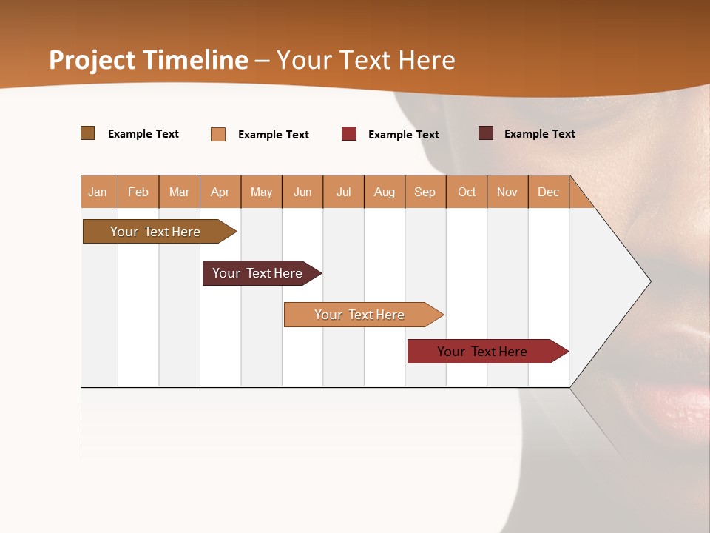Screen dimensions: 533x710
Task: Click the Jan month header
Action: pyautogui.click(x=98, y=192)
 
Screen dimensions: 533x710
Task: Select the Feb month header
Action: pyautogui.click(x=138, y=192)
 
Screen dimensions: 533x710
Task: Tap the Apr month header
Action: pyautogui.click(x=220, y=192)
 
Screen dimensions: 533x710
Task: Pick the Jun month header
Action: pyautogui.click(x=302, y=192)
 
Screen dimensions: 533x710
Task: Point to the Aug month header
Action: pyautogui.click(x=384, y=192)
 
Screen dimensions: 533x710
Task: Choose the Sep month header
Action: pyautogui.click(x=425, y=192)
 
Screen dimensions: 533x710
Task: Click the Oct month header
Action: pyautogui.click(x=467, y=192)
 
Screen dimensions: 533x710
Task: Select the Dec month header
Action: pyautogui.click(x=548, y=192)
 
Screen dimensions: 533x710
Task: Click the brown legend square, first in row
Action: pyautogui.click(x=87, y=133)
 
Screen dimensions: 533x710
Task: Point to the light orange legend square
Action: pyautogui.click(x=218, y=134)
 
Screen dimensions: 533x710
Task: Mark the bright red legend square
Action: pyautogui.click(x=349, y=134)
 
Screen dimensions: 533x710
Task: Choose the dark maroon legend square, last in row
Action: pyautogui.click(x=485, y=133)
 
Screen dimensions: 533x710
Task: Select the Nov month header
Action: pyautogui.click(x=507, y=192)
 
